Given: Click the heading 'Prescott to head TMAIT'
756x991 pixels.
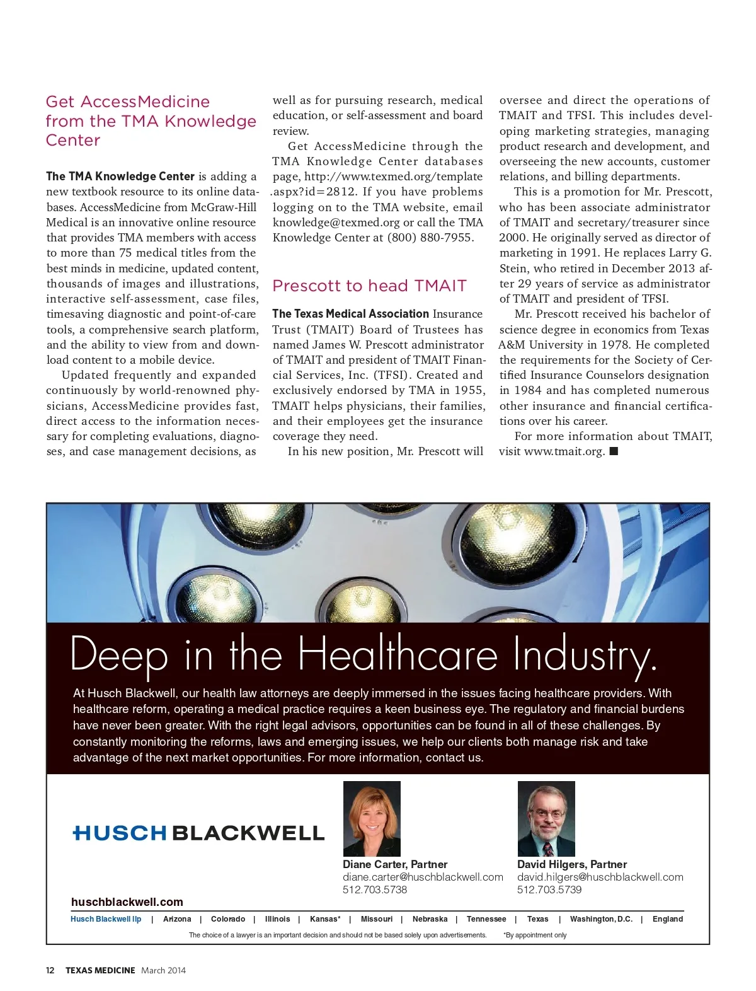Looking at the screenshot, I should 369,286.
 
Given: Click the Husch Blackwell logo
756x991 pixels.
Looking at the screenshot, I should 198,833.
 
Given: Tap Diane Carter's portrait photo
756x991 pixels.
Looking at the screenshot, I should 372,818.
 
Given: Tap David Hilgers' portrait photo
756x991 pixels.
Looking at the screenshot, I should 546,818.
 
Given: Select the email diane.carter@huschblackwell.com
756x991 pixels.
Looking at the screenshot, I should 423,877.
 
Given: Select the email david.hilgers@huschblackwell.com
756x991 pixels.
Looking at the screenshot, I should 600,877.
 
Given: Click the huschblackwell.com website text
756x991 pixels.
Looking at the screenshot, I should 127,902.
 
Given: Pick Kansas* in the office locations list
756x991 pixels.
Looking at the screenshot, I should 325,919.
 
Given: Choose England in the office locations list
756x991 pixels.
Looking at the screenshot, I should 667,919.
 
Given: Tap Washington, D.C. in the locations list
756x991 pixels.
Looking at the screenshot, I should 601,919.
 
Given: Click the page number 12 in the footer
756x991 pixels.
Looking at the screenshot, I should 50,970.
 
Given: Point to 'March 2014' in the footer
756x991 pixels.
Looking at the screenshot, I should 164,970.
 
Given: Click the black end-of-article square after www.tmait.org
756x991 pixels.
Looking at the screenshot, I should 614,451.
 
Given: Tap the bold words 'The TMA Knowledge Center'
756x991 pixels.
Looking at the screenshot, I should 120,177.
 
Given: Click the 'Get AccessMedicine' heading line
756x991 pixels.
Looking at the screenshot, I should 128,102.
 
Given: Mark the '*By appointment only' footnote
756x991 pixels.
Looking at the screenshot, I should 535,935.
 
